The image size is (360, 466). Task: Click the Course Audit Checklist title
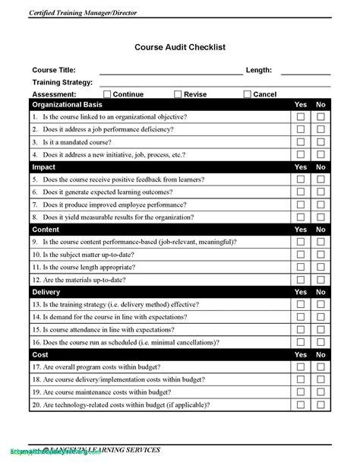(x=180, y=47)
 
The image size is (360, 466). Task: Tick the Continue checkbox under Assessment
(x=107, y=94)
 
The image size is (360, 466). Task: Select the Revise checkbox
(x=178, y=94)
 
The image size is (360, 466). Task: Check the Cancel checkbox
(x=248, y=94)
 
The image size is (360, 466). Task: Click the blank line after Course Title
(x=170, y=71)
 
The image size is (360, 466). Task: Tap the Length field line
(x=305, y=71)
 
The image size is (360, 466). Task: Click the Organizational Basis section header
(x=68, y=104)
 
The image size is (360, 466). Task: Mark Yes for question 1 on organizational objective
(x=301, y=117)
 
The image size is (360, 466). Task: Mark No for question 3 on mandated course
(x=321, y=142)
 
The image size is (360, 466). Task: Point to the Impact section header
(x=44, y=166)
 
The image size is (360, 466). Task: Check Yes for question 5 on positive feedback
(x=301, y=179)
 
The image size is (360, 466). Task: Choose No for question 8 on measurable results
(x=321, y=217)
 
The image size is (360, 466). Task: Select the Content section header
(x=46, y=229)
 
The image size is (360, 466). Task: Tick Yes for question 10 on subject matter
(x=301, y=255)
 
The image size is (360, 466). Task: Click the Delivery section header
(x=47, y=292)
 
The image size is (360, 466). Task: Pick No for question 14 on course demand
(x=321, y=317)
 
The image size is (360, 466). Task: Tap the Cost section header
(x=40, y=354)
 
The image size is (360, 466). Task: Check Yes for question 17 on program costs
(x=301, y=367)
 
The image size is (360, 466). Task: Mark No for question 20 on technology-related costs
(x=321, y=405)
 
